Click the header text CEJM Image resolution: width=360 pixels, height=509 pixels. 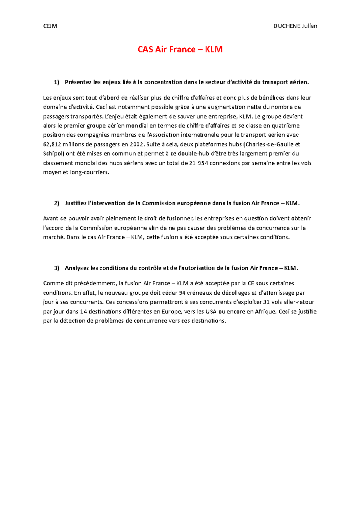pos(50,26)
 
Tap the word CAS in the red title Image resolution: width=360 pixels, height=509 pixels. pos(145,49)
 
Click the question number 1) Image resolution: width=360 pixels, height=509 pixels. pos(57,82)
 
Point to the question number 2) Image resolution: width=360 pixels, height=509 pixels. pos(57,204)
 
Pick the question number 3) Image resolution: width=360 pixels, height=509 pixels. pos(57,268)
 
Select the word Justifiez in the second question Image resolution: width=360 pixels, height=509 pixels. pos(75,204)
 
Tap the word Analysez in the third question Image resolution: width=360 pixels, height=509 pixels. pos(77,268)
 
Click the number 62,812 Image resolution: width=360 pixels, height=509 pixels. pos(52,144)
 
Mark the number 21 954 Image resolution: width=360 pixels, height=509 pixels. pos(199,163)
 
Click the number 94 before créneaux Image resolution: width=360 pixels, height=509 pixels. pos(182,293)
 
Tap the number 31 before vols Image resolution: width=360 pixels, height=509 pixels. pos(266,302)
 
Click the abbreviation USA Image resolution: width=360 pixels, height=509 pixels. pos(211,312)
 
